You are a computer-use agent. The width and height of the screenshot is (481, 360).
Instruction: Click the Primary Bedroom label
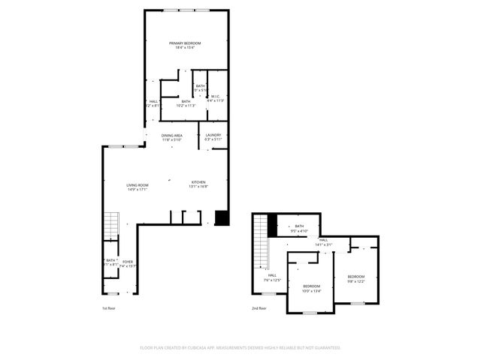(184, 43)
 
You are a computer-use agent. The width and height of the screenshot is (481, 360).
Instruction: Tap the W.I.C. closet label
(215, 96)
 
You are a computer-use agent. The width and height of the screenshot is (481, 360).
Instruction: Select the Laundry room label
(213, 135)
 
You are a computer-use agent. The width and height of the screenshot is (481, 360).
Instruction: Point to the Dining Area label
(172, 135)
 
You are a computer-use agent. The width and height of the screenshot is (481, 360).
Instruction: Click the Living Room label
(137, 185)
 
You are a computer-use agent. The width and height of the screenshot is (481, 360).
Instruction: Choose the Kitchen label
(198, 182)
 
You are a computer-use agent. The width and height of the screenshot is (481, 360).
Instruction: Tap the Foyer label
(128, 262)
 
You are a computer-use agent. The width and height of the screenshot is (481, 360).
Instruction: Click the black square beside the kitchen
(222, 217)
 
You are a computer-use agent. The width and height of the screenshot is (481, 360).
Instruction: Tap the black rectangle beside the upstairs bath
(272, 223)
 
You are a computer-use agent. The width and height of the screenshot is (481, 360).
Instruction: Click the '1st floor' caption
(109, 308)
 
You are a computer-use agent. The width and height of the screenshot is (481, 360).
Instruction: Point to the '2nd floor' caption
(259, 308)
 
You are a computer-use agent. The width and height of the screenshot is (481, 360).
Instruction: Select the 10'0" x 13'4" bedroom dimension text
(311, 291)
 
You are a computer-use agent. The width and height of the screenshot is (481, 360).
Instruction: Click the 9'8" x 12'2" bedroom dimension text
(355, 281)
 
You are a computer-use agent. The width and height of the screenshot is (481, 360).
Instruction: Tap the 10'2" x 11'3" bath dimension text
(186, 106)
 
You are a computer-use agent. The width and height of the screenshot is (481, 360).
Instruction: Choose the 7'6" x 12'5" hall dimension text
(272, 280)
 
